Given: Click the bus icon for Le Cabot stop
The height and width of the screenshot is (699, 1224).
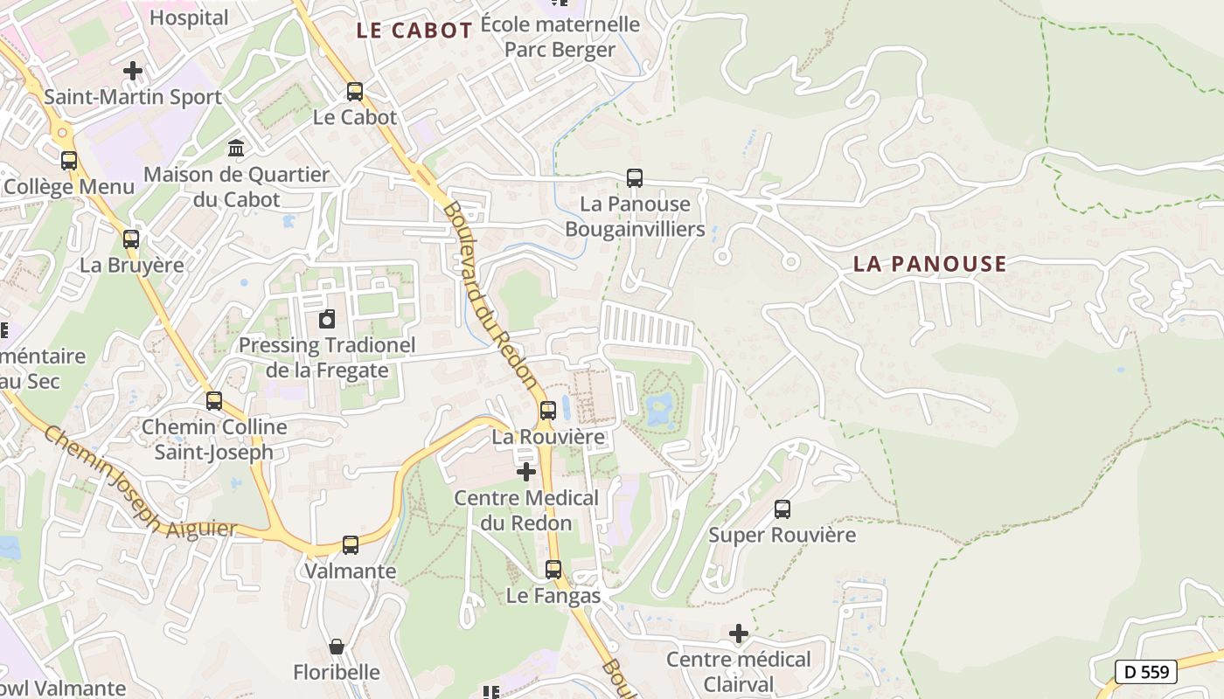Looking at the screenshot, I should coord(355,91).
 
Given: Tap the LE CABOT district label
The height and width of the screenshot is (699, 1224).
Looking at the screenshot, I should coord(414,31).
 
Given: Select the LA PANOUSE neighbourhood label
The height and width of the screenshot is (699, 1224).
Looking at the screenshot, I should coord(929,264).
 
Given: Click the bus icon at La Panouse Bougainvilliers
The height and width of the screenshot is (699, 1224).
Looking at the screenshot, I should coord(635,178).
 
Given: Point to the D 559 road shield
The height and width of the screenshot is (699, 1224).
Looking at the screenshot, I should coord(1146,671).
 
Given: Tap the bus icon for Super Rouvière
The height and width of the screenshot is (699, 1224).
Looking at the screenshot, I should coord(782,509).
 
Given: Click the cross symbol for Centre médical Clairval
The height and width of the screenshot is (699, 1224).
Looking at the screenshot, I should coord(739,633).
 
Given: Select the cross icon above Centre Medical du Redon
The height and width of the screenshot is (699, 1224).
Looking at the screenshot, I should coord(526,472).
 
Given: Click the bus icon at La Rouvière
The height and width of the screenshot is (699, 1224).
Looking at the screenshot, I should coord(548,410).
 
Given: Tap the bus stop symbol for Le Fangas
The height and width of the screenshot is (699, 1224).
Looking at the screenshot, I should coord(553,570).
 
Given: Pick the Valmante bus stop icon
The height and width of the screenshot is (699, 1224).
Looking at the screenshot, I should coord(351,544).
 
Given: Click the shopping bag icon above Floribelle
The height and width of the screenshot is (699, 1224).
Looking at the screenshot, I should coord(337,647).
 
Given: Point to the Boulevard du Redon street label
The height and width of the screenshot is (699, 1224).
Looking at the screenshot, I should coord(490,295).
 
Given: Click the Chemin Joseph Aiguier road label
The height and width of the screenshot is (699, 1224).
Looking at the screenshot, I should coord(140,482).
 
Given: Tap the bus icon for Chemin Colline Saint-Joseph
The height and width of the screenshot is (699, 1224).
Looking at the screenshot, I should coord(214,401).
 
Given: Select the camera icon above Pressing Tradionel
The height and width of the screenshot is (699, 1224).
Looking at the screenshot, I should coord(327,319).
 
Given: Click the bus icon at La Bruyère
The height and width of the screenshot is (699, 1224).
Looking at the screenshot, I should coord(131,239).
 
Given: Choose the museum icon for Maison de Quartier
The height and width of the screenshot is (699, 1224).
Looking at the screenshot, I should coord(236,149).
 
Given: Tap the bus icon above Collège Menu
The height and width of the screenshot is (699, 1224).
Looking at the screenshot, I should coord(69,161).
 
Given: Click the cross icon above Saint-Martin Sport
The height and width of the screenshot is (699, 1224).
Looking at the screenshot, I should coord(133,71).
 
